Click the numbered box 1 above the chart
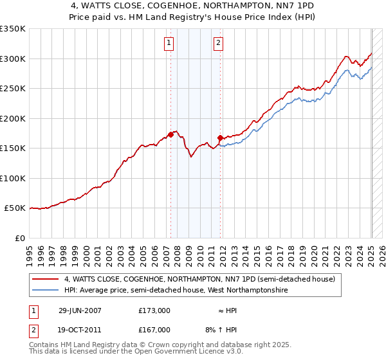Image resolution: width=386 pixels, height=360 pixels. pos(169,43)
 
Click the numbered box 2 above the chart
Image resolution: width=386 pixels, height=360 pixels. pos(219,43)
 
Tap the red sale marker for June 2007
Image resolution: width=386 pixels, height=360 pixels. pos(170,135)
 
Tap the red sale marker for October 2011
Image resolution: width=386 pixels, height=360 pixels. pos(220,138)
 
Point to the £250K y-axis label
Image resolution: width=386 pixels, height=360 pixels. pos(12,89)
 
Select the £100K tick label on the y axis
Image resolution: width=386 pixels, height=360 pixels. pos(12,179)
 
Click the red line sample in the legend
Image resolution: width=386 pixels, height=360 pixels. pos(45,280)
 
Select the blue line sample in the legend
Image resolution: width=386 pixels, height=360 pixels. pos(45,291)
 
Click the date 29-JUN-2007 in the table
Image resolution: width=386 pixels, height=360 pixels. pos(80,310)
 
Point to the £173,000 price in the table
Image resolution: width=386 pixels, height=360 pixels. pos(154,310)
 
